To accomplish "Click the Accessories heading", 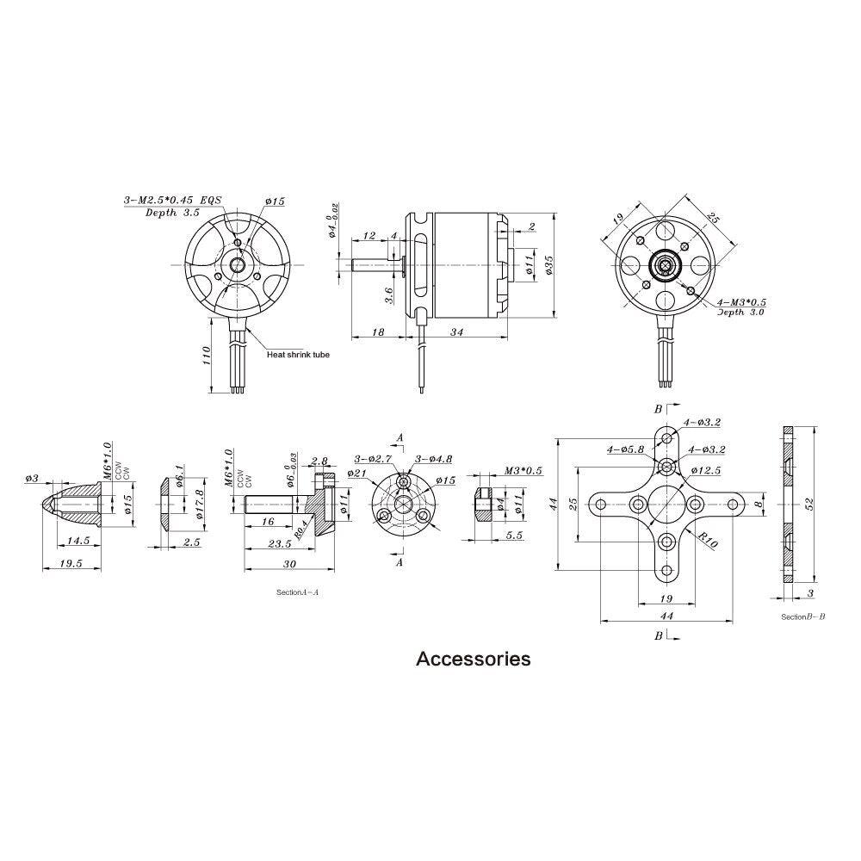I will tap(473, 660).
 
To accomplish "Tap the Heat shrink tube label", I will tap(298, 354).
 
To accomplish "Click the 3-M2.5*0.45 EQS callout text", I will tap(172, 199).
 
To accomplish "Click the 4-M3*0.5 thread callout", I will tap(742, 303).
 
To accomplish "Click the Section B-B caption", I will tap(802, 616).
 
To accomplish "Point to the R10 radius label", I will tap(709, 541).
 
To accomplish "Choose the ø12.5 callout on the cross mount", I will tap(706, 470).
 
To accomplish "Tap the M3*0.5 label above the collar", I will tap(523, 471).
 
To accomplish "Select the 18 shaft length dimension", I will tap(378, 332).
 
